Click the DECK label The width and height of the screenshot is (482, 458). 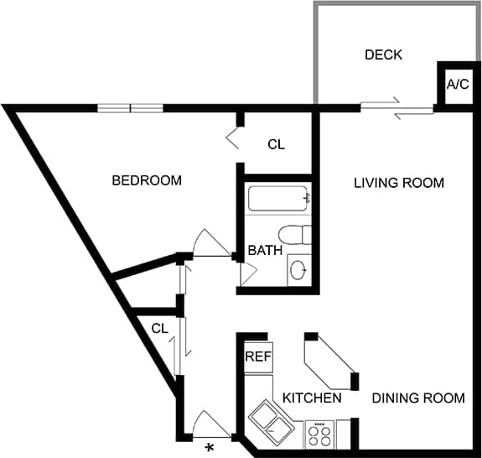pos(383,55)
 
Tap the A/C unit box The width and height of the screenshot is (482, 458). pos(457,85)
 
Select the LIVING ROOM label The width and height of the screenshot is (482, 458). pos(398,183)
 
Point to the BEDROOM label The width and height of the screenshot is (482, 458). pos(147,180)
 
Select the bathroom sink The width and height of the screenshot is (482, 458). pos(298,269)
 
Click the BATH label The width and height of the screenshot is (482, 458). pos(264,250)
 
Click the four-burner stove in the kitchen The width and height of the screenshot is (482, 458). pos(319,435)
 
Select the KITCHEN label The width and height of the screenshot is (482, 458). pos(311,398)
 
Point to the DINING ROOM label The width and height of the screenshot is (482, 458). pos(417,398)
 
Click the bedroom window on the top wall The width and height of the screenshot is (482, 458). pos(130,107)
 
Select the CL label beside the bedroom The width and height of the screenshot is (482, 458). pos(276,144)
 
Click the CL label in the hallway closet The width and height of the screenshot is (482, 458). pos(160,328)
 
